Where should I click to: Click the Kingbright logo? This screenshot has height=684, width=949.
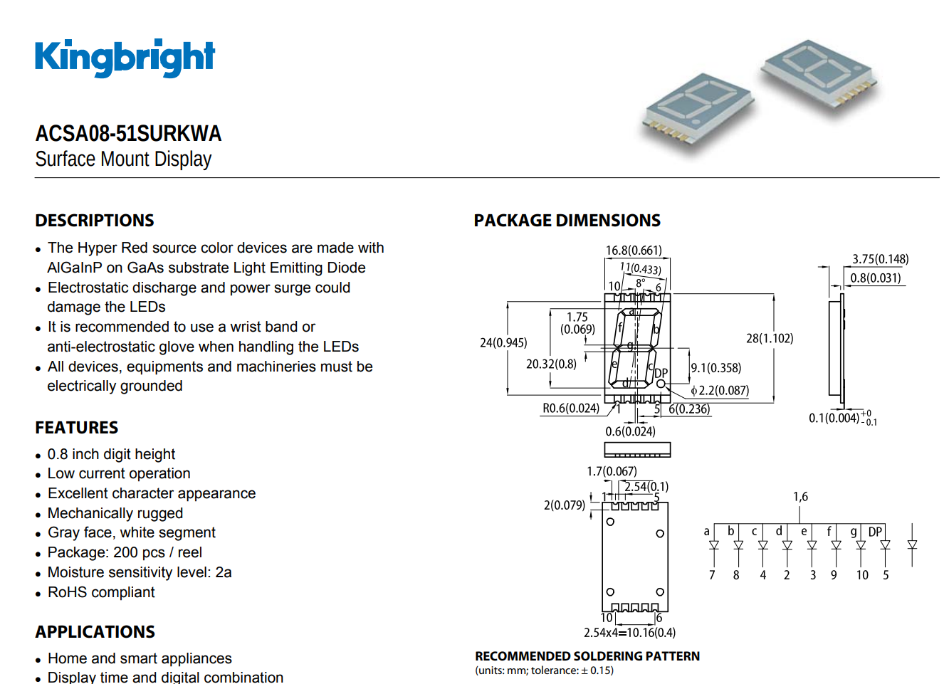(x=125, y=58)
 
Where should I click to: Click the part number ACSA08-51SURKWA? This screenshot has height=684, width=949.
(x=128, y=133)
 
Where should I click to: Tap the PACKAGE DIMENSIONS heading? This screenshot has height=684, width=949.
(x=567, y=221)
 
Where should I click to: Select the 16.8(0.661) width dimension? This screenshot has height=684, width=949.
(x=633, y=251)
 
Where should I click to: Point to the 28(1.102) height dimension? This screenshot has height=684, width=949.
(x=769, y=338)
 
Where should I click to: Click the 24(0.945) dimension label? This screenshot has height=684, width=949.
(x=503, y=342)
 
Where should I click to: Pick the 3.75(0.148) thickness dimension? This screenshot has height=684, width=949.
(x=880, y=259)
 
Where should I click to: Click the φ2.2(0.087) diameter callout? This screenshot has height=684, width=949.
(x=720, y=390)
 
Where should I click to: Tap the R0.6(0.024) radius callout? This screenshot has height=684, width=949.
(x=570, y=408)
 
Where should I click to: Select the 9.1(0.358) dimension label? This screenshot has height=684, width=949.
(x=715, y=368)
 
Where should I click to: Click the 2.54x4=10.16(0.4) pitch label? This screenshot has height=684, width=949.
(x=629, y=633)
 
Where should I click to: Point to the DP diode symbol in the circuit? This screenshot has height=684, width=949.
(x=885, y=545)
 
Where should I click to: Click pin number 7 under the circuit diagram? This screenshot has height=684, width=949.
(x=712, y=575)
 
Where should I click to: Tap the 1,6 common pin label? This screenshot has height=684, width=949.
(x=800, y=497)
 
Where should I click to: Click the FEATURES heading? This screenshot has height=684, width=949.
(x=77, y=428)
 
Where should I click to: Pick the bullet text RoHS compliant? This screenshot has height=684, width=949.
(x=101, y=592)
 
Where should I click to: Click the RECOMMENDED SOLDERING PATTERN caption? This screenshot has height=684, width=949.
(x=587, y=656)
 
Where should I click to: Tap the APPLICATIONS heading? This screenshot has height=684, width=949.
(x=95, y=632)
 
